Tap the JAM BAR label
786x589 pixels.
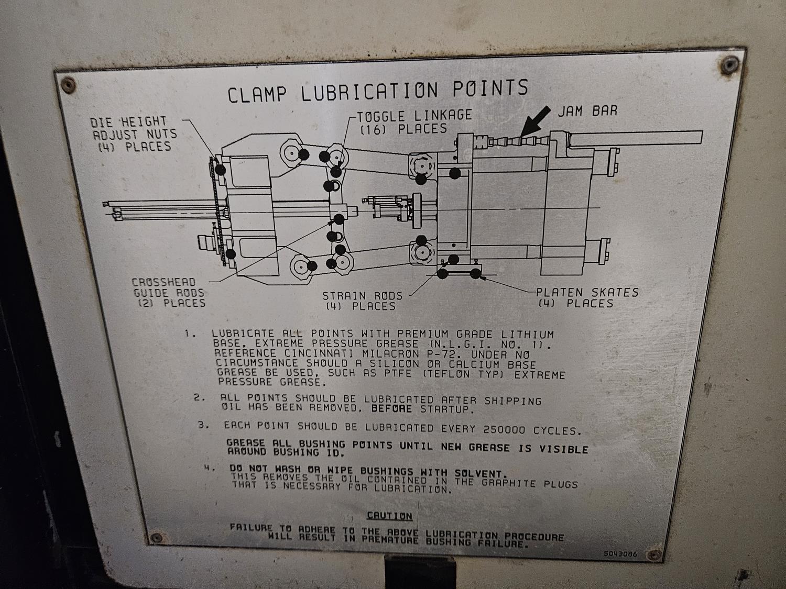pyautogui.click(x=587, y=111)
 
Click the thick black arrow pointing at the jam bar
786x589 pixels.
pyautogui.click(x=535, y=121)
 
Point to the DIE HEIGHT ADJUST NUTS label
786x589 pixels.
pyautogui.click(x=134, y=135)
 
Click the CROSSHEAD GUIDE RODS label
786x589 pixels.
pyautogui.click(x=168, y=293)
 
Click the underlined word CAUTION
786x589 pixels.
pyautogui.click(x=390, y=515)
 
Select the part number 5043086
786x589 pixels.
pyautogui.click(x=620, y=554)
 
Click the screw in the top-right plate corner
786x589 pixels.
pyautogui.click(x=729, y=65)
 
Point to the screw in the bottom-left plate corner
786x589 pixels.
pyautogui.click(x=156, y=538)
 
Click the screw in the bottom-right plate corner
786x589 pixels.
pyautogui.click(x=655, y=555)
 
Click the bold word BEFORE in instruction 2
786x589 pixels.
pyautogui.click(x=391, y=408)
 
